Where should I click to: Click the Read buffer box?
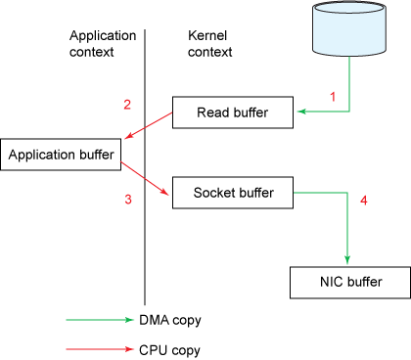[233, 113]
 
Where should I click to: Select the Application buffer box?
[63, 155]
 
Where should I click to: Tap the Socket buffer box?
[233, 193]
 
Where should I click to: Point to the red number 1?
[332, 97]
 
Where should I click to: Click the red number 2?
[126, 105]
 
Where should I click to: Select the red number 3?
[127, 201]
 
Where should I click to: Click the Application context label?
[103, 43]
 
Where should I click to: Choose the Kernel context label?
[208, 43]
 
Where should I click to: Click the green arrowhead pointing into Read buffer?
[302, 113]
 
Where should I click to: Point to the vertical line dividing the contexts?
[146, 245]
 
